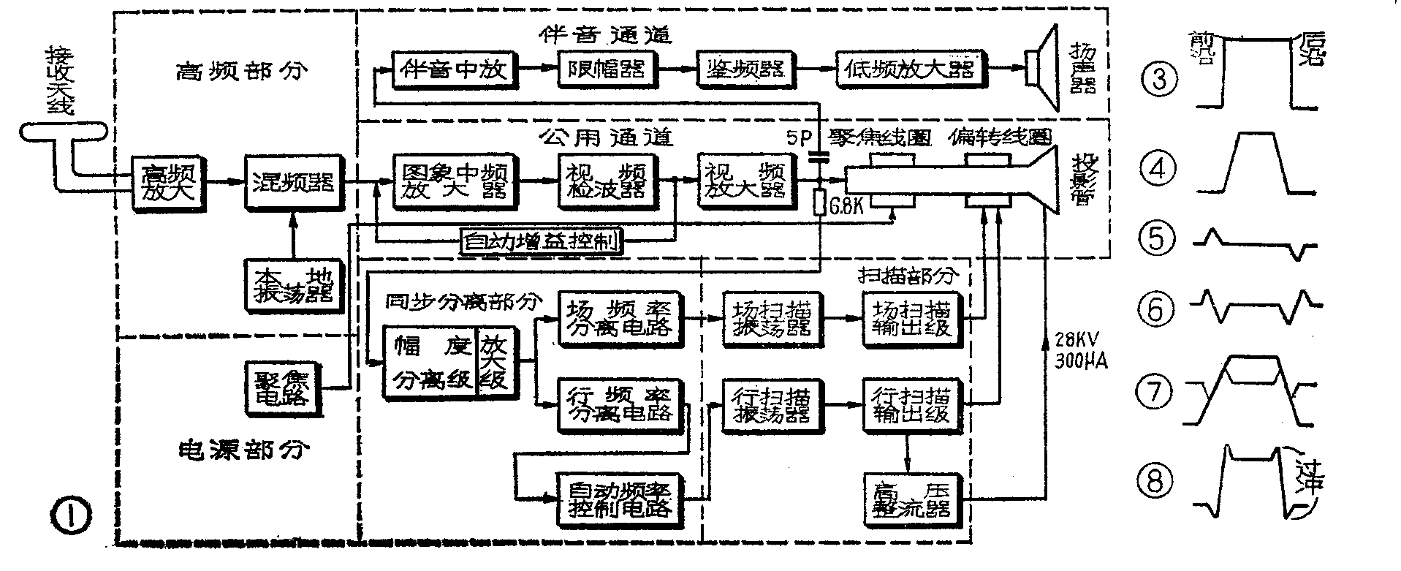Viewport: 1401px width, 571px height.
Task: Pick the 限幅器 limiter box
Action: point(606,69)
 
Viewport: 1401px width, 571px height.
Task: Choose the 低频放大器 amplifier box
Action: point(910,69)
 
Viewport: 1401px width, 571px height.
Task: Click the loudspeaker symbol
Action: point(1043,69)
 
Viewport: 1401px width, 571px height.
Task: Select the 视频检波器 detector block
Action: point(606,181)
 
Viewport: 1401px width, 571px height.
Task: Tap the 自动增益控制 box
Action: point(542,241)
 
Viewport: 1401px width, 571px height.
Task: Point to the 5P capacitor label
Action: point(800,137)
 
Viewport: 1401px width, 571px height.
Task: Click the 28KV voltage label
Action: point(1078,340)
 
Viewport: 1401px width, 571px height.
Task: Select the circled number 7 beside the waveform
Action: point(1155,393)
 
